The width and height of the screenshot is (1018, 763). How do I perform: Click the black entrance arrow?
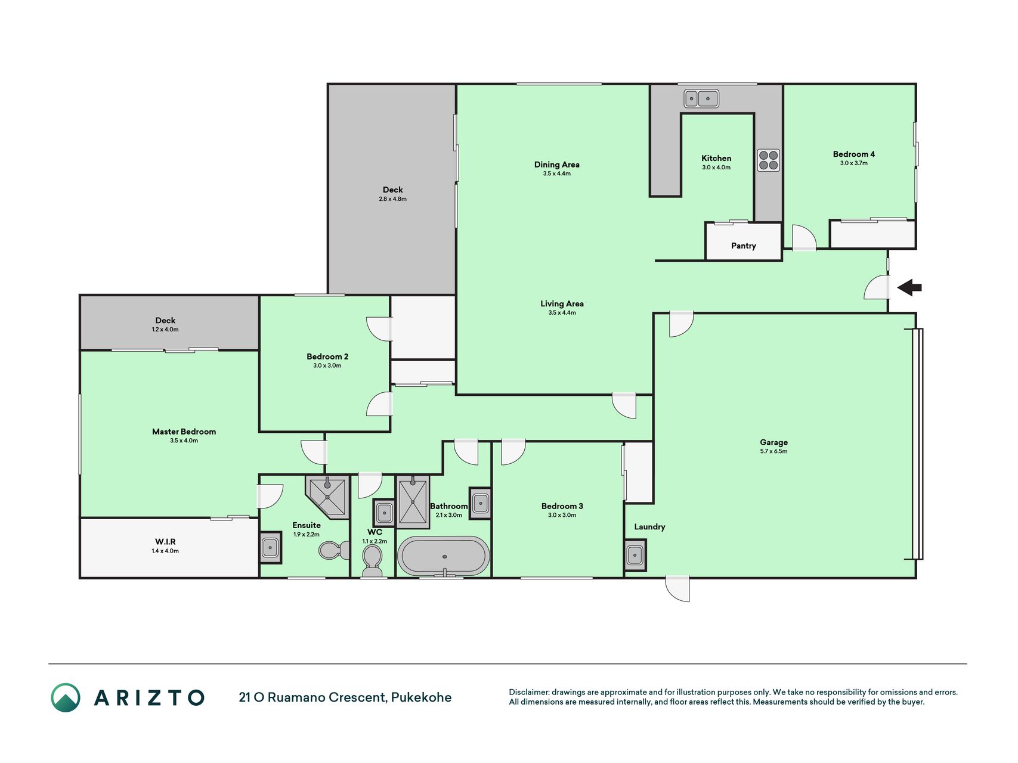[909, 288]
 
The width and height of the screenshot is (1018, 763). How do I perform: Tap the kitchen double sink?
[701, 98]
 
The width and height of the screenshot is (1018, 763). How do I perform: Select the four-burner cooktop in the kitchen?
[768, 160]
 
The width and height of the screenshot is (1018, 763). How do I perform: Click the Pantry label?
[743, 246]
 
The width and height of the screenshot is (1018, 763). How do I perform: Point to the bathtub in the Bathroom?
[444, 556]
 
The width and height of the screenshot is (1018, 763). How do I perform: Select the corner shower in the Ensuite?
[327, 496]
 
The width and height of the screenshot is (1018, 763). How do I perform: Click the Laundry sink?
[635, 555]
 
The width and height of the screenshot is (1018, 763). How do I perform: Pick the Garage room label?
[773, 442]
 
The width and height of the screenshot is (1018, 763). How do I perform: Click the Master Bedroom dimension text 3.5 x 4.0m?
[184, 441]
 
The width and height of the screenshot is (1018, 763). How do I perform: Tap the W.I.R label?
[165, 541]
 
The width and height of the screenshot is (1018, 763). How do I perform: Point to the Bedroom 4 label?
[853, 154]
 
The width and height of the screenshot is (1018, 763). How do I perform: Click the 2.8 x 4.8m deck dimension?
[392, 199]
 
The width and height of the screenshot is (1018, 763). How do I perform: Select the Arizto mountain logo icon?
[66, 697]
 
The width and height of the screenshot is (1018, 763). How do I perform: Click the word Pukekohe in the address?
[421, 697]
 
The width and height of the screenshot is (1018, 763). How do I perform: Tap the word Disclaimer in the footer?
[529, 692]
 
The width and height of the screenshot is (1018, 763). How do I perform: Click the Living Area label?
[562, 303]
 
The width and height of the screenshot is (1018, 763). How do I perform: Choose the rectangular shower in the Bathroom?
[413, 502]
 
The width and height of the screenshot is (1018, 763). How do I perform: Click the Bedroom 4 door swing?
[804, 237]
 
